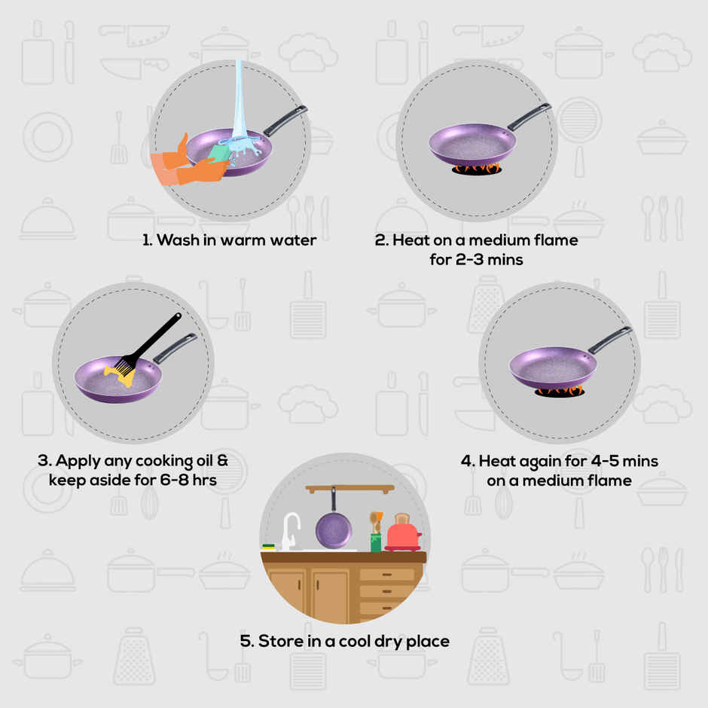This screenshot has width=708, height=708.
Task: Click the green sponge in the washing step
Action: coord(219,151)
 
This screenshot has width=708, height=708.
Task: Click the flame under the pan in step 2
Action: coord(476,169)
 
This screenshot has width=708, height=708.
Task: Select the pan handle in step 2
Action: coord(529,116)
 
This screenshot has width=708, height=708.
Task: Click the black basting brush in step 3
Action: coord(150,343)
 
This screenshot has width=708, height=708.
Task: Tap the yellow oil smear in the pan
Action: coord(120,375)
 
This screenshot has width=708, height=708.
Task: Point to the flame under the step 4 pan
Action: coord(559,391)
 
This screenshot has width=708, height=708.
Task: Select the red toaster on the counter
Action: coord(403,533)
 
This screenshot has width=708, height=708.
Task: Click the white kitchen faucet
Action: coord(290,530)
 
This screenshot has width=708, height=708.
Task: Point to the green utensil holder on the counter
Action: coord(376,542)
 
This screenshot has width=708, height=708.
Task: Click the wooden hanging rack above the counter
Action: coord(350,489)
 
